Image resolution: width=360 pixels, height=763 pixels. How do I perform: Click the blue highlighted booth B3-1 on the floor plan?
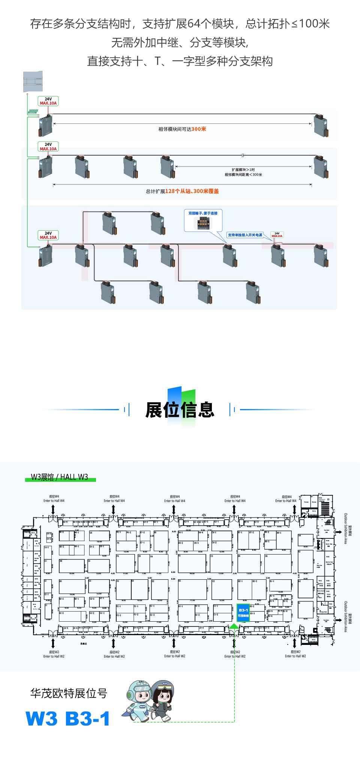(243, 613)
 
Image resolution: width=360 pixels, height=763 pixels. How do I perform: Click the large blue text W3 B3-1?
(68, 718)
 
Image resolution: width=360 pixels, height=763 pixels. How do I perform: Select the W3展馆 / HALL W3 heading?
(60, 477)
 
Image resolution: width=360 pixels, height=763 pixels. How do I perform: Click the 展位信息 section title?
(180, 409)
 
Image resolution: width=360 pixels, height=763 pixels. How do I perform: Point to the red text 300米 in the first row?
(199, 129)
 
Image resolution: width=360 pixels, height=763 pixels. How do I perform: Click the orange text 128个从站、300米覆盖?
(192, 191)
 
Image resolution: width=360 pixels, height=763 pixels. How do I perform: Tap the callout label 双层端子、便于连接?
(203, 213)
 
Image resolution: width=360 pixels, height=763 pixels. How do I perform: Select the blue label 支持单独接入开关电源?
(245, 235)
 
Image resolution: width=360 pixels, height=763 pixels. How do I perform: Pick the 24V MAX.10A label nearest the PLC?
(48, 101)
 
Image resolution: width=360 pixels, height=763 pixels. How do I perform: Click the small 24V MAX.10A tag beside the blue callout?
(277, 235)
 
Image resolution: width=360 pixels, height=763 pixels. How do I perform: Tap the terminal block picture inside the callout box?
(203, 223)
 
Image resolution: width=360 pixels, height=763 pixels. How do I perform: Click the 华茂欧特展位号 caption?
(69, 693)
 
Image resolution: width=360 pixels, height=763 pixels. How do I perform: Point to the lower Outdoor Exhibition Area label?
(346, 617)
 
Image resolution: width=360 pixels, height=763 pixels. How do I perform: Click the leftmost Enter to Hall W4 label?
(54, 501)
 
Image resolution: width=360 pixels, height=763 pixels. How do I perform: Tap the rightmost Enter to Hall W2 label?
(295, 656)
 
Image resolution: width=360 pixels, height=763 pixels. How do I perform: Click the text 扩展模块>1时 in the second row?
(243, 169)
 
